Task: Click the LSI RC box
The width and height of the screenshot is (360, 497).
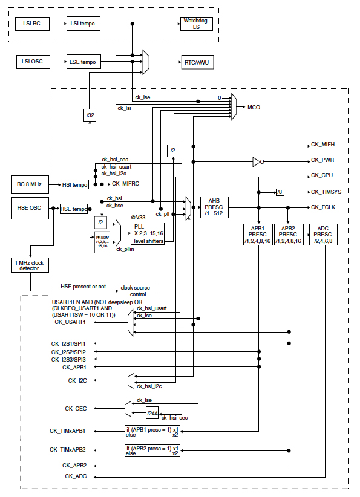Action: (31, 24)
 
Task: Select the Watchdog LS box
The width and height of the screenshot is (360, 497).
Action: (197, 24)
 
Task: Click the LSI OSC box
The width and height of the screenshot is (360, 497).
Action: (31, 62)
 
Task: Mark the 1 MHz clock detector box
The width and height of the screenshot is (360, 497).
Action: (29, 265)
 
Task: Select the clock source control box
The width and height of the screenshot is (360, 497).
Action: (137, 290)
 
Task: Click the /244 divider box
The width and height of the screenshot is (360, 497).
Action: (152, 413)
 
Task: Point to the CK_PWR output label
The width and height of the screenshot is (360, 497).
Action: (323, 161)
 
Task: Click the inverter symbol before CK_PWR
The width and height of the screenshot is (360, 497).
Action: (257, 161)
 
